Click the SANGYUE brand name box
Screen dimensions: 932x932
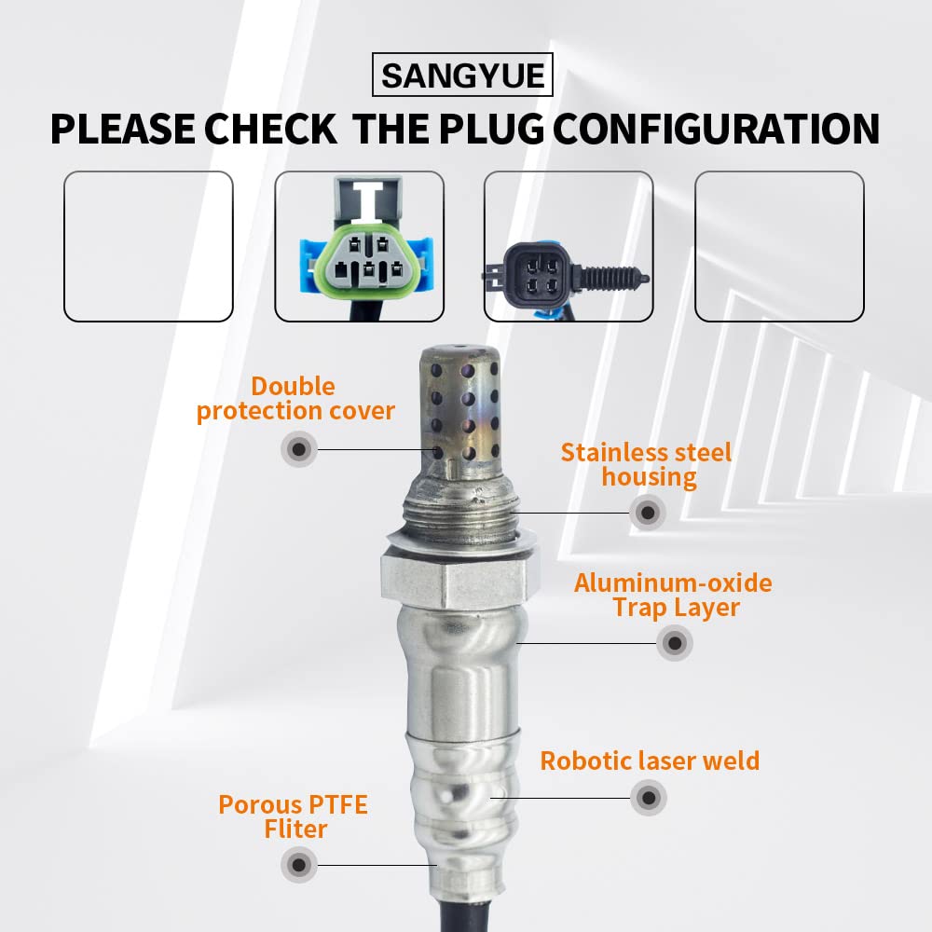point(462,75)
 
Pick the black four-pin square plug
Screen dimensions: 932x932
point(533,270)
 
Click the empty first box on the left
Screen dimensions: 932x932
point(147,246)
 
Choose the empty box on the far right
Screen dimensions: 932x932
point(779,246)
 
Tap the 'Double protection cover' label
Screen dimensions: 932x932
point(295,399)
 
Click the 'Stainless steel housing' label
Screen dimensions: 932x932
point(647,465)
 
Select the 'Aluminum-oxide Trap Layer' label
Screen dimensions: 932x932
point(673,596)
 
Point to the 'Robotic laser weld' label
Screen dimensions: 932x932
point(650,761)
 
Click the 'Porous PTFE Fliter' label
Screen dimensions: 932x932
point(293,816)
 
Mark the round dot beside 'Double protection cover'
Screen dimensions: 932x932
point(298,449)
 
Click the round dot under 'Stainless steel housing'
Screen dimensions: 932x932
point(647,512)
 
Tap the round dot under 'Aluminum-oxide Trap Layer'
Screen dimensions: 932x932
point(674,642)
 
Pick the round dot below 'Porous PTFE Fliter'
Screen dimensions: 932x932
point(298,864)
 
